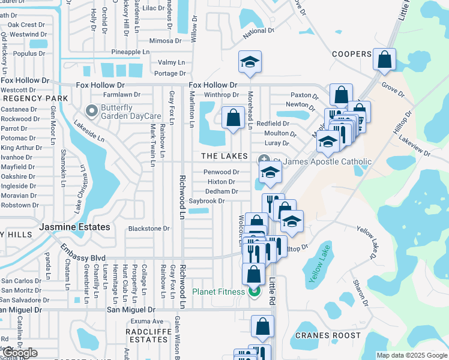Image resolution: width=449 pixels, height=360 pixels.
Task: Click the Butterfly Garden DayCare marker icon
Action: pos(91,110)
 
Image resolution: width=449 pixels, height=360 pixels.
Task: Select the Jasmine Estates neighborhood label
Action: pos(74,227)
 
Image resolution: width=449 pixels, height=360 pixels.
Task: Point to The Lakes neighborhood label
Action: pos(224,156)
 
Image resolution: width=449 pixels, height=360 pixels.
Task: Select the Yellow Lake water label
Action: pos(319,262)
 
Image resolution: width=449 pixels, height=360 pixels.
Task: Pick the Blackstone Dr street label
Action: pos(149,229)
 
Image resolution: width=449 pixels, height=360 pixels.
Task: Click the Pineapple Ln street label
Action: pos(130,52)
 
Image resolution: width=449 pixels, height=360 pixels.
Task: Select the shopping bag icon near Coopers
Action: pos(384,59)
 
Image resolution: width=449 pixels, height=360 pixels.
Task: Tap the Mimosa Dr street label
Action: pos(165,41)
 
